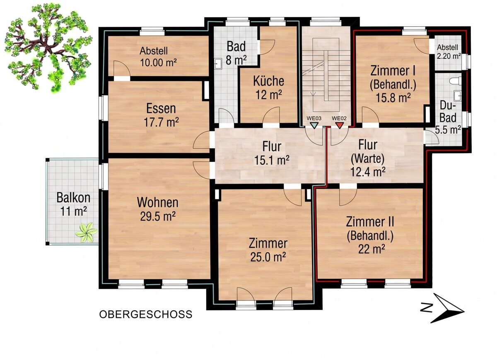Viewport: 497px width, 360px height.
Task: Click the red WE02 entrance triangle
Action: pos(339,125)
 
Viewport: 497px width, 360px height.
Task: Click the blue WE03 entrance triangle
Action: pos(314,125)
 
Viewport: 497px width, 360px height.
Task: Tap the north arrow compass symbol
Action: pos(442,308)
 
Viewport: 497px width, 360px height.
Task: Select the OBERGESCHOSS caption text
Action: pos(146,314)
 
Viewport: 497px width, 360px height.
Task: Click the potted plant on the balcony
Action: pos(86,233)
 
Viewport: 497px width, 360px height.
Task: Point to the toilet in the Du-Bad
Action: pos(456,81)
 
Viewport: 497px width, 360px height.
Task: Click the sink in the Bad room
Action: pos(218,64)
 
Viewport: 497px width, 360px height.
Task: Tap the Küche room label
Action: pos(269,81)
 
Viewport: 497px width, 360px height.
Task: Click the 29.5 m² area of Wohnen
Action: pos(158,216)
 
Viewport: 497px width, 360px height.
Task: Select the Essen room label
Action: pos(161,108)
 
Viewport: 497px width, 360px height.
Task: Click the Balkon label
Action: pos(73,197)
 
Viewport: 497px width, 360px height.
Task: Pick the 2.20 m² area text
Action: pos(449,56)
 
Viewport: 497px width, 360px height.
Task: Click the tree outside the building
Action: pos(48,48)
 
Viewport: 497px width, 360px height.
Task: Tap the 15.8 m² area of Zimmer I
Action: pos(393,97)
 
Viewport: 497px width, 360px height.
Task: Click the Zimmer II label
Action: pos(370,222)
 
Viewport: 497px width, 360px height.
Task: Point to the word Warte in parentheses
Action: pos(368,159)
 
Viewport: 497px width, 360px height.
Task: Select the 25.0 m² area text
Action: pos(268,257)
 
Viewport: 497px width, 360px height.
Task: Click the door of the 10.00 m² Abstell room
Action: pos(122,69)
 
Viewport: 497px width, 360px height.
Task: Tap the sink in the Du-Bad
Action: pos(458,95)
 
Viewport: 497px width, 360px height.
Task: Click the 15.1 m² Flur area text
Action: pos(272,160)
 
